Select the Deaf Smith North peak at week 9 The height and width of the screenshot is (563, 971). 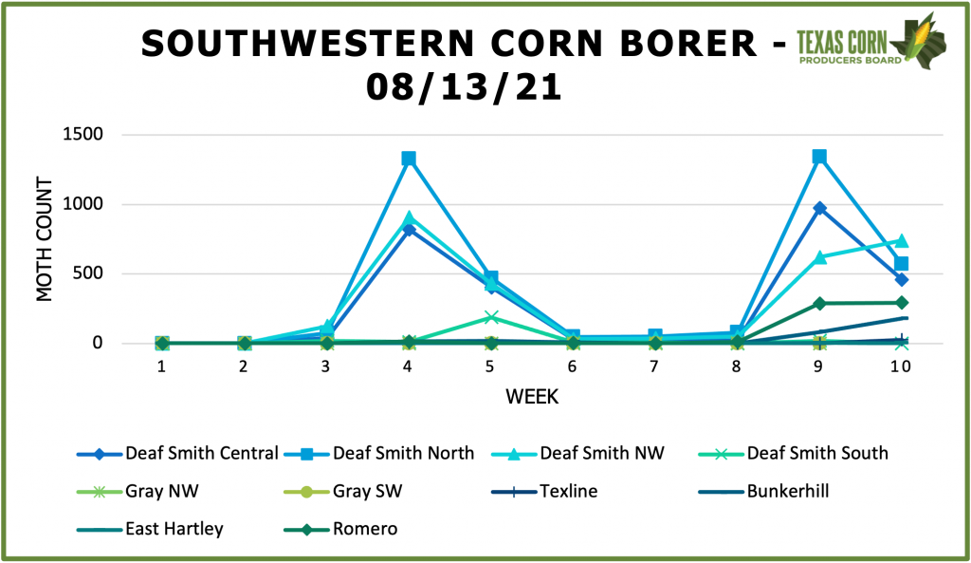pyautogui.click(x=819, y=157)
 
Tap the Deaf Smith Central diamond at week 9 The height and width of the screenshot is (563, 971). pyautogui.click(x=819, y=208)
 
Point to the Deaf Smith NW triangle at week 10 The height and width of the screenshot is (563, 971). pyautogui.click(x=901, y=241)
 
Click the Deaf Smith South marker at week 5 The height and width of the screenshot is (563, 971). pyautogui.click(x=491, y=317)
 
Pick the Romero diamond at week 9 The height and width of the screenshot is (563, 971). pyautogui.click(x=819, y=303)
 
